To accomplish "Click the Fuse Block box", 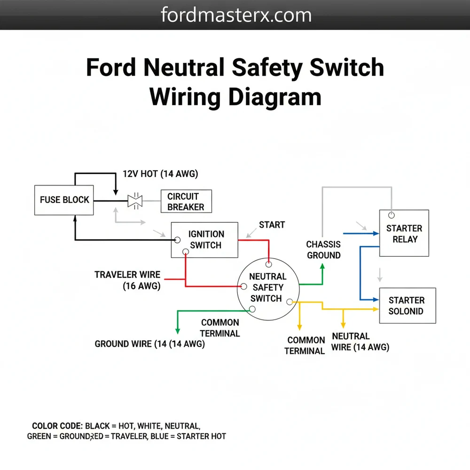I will click(x=64, y=200).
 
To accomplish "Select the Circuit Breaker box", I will click(x=186, y=202).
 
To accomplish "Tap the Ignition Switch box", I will click(x=204, y=240).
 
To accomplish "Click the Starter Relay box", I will click(x=404, y=234).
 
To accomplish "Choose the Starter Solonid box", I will click(x=407, y=305).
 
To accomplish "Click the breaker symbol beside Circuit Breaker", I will click(x=135, y=201).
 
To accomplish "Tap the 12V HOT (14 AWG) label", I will click(x=160, y=174).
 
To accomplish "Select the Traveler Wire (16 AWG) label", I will click(x=127, y=280).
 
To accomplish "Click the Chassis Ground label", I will click(x=323, y=250).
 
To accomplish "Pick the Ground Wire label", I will click(x=149, y=344).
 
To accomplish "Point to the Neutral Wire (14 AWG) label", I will click(x=360, y=342).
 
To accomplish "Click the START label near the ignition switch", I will click(x=272, y=225).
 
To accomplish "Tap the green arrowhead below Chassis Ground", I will click(x=322, y=266).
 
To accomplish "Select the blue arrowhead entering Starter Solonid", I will click(x=376, y=299).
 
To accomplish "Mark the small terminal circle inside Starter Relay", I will click(x=391, y=215).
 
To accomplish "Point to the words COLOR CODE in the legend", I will click(x=57, y=426).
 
